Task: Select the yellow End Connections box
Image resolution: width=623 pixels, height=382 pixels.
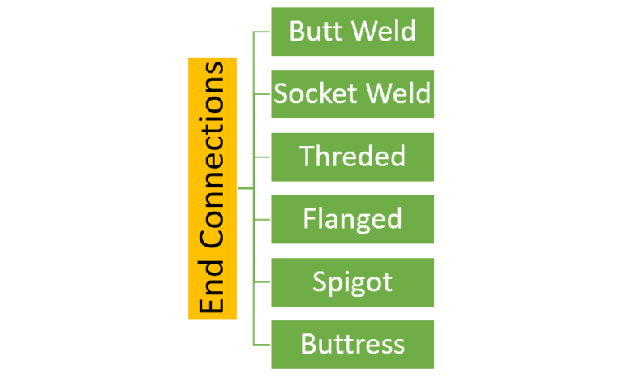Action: pyautogui.click(x=213, y=188)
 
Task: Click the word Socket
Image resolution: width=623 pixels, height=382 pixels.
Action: pyautogui.click(x=312, y=94)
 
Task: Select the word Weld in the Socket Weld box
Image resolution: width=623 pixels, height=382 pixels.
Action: pyautogui.click(x=397, y=94)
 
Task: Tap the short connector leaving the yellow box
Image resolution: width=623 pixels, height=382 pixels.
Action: pyautogui.click(x=246, y=188)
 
